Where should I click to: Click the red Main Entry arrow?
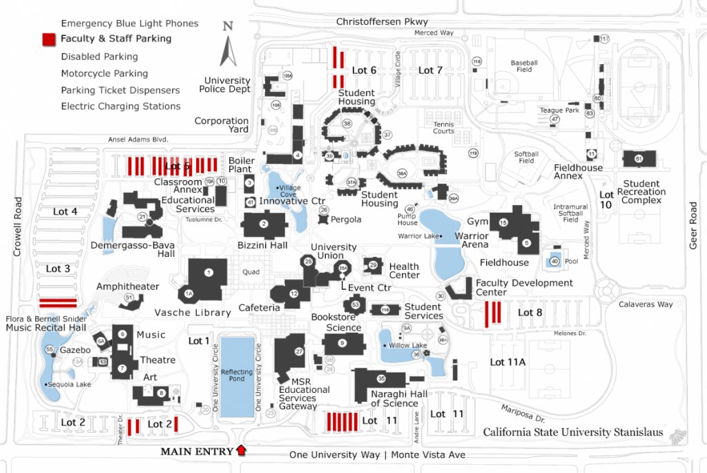[x=240, y=451]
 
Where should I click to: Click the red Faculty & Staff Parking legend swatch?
[x=48, y=39]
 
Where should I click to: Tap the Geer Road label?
[x=694, y=225]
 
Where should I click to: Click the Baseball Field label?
[x=524, y=66]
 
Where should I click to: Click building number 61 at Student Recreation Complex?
[x=639, y=159]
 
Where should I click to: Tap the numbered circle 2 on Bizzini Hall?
[x=263, y=224]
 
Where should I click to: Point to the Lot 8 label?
[x=530, y=312]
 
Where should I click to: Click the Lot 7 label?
[x=430, y=70]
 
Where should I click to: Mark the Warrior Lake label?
[x=419, y=236]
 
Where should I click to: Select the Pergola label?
[x=346, y=220]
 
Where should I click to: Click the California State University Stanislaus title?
[x=572, y=432]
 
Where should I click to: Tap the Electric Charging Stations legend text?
[x=120, y=106]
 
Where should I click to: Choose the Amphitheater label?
[x=128, y=287]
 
